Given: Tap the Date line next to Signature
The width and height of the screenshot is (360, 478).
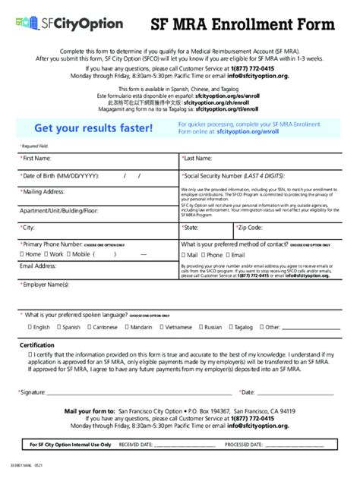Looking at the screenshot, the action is click(296, 393).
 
